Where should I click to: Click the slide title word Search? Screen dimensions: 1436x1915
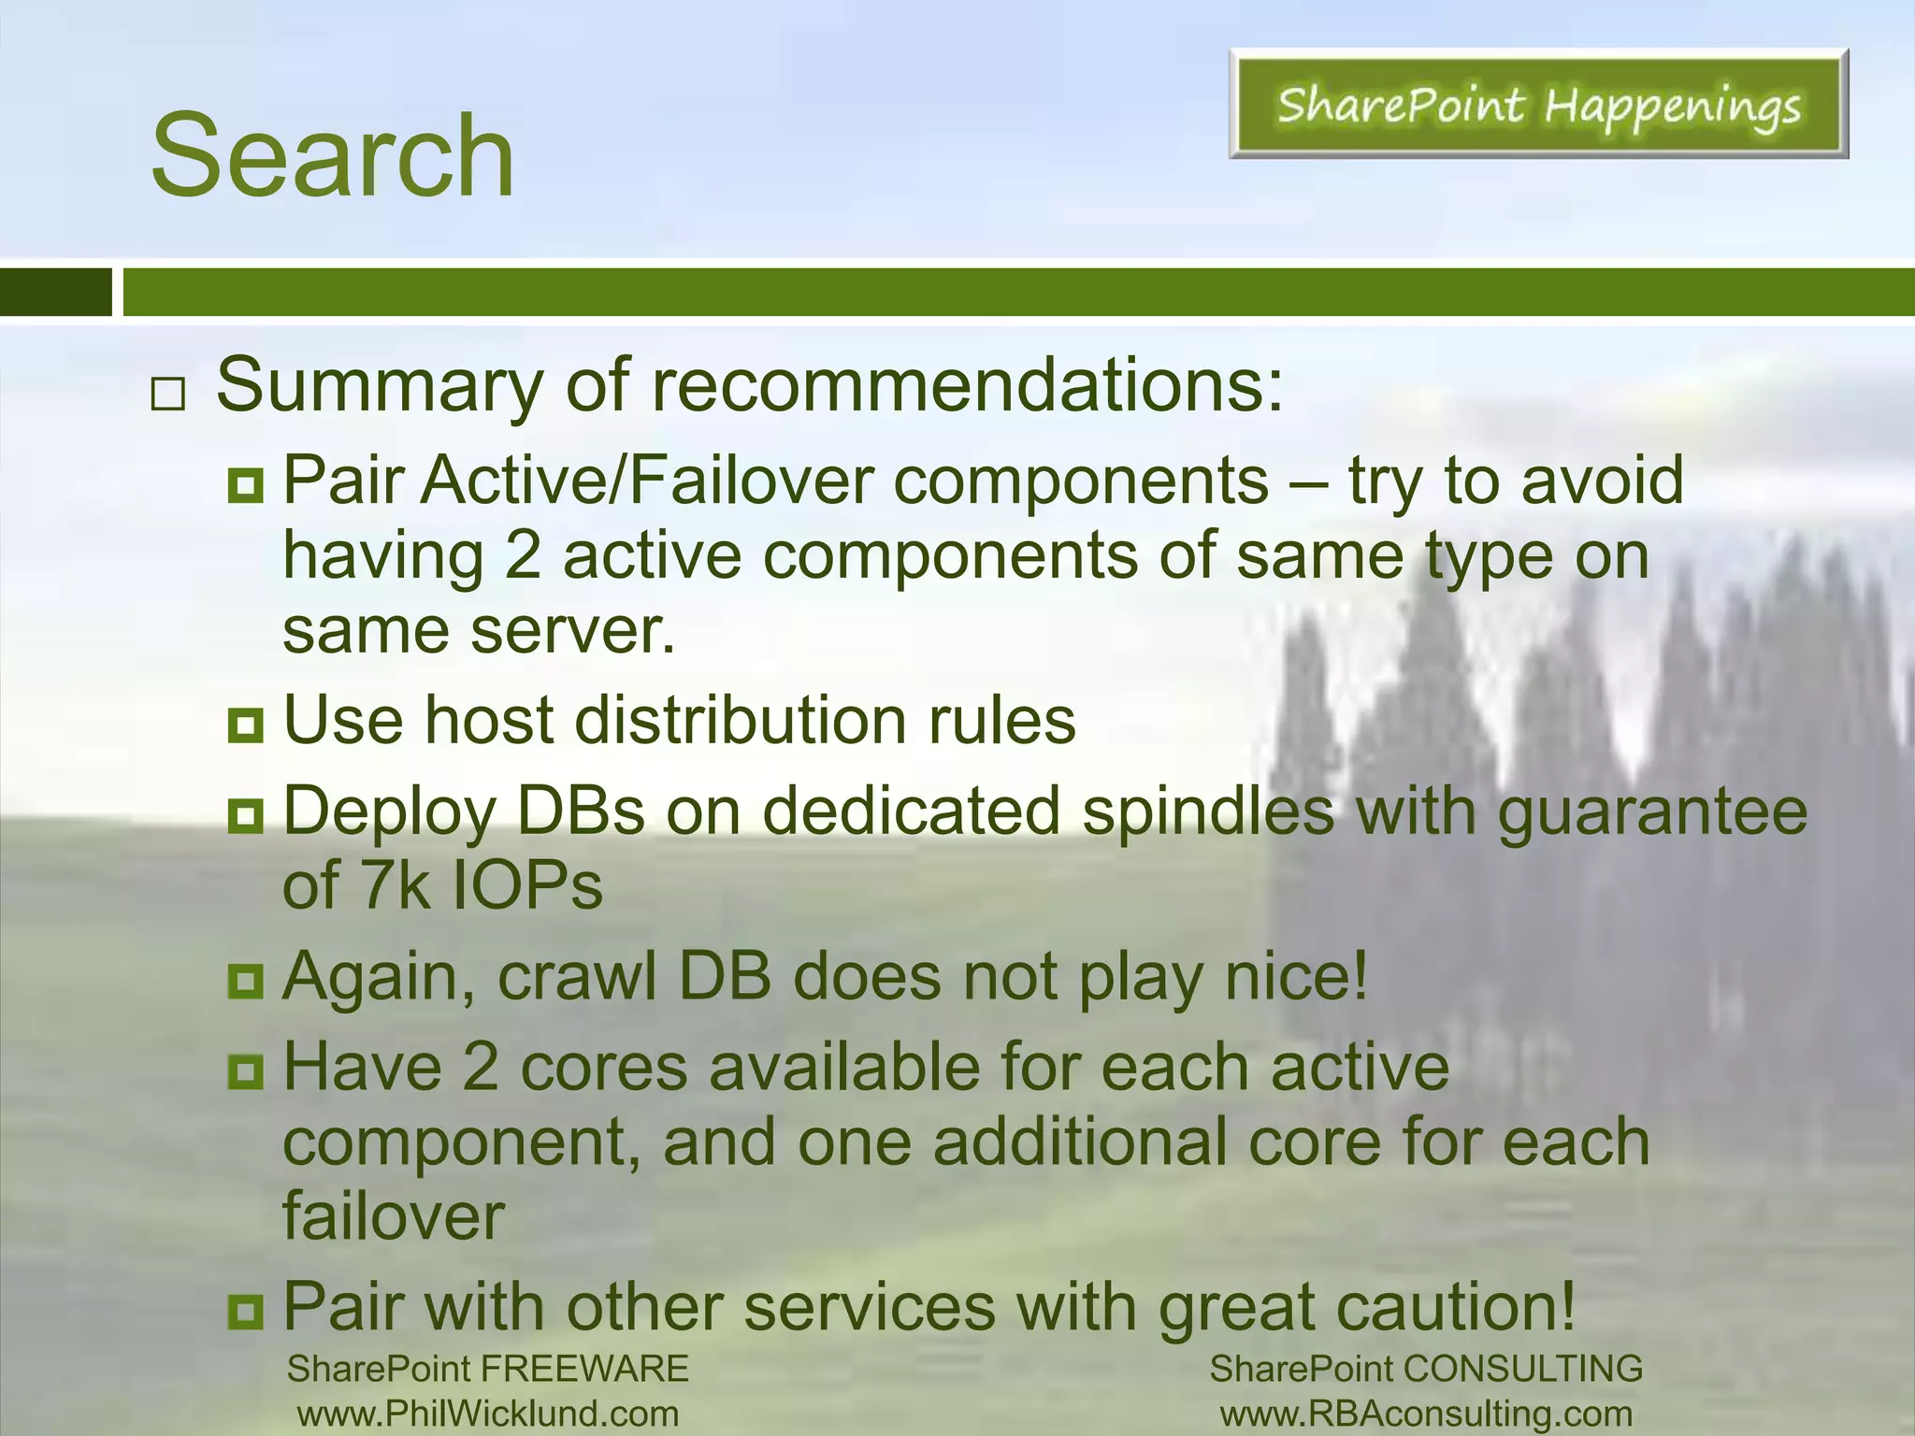[332, 155]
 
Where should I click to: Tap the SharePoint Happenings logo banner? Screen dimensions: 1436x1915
[1538, 105]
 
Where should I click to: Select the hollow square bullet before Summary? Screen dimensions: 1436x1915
[167, 395]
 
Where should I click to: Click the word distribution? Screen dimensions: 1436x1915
[740, 721]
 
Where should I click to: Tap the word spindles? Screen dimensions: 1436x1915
[1207, 811]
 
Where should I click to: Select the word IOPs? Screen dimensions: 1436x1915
[527, 885]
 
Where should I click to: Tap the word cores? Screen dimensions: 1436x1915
[604, 1069]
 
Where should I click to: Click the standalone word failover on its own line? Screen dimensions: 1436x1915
[394, 1216]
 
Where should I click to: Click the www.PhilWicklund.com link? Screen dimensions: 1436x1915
[488, 1414]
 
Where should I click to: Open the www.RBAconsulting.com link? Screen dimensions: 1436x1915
[1426, 1414]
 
